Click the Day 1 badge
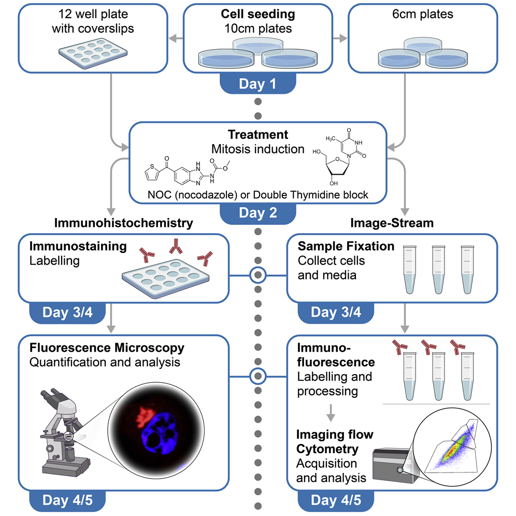[257, 84]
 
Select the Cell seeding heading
[257, 14]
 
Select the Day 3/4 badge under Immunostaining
[67, 312]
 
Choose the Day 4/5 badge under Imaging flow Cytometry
[336, 501]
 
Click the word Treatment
[258, 135]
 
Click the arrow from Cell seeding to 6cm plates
[340, 38]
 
